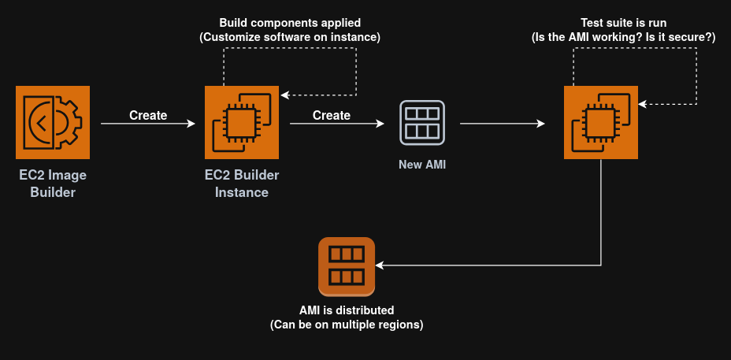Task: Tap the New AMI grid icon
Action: (421, 122)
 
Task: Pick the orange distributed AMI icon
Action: (347, 265)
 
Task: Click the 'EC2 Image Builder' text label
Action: (54, 184)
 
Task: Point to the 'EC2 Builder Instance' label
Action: (242, 184)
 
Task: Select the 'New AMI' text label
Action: (421, 165)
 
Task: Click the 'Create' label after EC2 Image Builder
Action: (148, 115)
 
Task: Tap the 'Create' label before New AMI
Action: (332, 115)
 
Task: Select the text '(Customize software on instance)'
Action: (290, 37)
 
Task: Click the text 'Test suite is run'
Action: (625, 22)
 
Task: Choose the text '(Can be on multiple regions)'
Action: (347, 325)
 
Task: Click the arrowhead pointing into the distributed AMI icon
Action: (380, 265)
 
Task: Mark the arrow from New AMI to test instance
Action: (503, 124)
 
